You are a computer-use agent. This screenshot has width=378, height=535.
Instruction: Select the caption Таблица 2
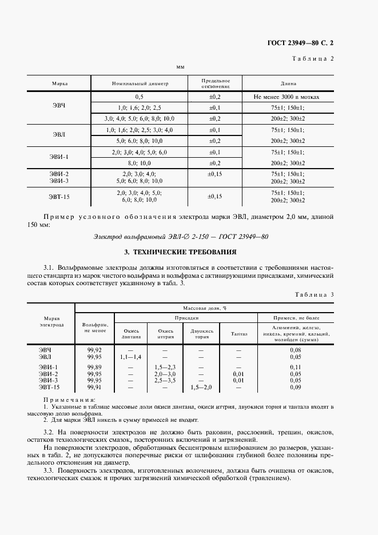tap(313, 59)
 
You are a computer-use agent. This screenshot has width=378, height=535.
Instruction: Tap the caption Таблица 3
tap(313, 294)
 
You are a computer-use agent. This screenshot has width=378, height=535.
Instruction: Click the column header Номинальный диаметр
tap(140, 83)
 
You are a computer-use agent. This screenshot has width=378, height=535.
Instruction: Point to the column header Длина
tap(288, 83)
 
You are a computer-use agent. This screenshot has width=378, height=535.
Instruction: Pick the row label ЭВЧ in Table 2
tap(59, 107)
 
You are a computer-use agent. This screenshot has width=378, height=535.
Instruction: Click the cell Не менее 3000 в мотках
tap(287, 97)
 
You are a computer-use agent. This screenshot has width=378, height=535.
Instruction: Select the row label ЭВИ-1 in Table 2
tap(59, 157)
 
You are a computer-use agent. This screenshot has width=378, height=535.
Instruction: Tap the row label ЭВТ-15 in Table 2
tap(59, 196)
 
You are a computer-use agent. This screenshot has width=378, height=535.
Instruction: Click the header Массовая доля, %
tap(205, 307)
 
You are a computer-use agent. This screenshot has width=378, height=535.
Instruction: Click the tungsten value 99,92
tap(94, 349)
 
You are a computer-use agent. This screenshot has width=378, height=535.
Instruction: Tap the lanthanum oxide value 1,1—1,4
tap(131, 356)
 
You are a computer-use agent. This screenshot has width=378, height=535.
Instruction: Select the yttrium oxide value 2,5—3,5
tap(166, 379)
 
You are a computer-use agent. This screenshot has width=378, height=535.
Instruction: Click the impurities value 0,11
tap(296, 366)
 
